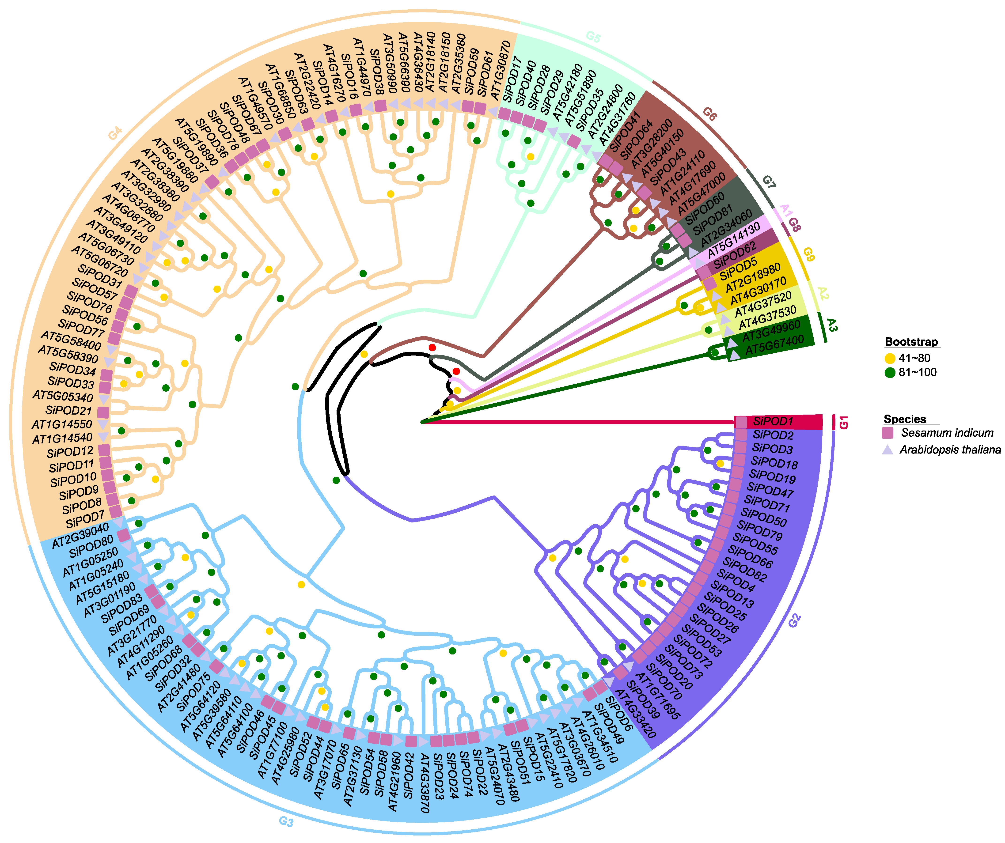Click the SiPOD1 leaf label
click(773, 422)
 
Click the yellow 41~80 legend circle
click(890, 358)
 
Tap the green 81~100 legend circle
click(890, 373)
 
